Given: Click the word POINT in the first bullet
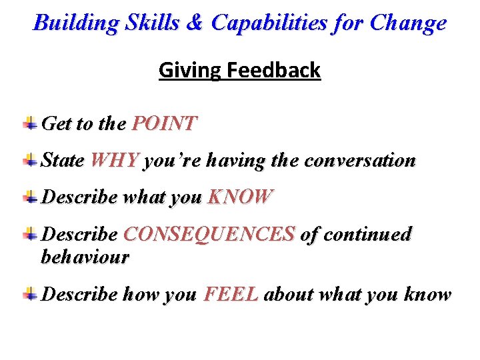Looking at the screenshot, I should [165, 123].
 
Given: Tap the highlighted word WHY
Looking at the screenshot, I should [115, 161].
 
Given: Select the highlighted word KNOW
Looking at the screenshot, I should [241, 197].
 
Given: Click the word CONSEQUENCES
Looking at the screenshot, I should [209, 234].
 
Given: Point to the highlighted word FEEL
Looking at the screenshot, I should [231, 294].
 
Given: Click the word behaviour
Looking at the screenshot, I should [85, 257].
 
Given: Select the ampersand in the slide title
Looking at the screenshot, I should [194, 23].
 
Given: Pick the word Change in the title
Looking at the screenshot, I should [408, 23].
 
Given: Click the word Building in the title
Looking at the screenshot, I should [74, 23].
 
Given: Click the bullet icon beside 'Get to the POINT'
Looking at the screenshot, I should [30, 123].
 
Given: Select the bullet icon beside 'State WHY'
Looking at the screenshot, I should [30, 160].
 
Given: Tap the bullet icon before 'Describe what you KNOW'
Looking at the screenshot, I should [30, 197].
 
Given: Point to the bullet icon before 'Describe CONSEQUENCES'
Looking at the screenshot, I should [30, 233].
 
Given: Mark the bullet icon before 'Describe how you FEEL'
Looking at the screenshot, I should [30, 293].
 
